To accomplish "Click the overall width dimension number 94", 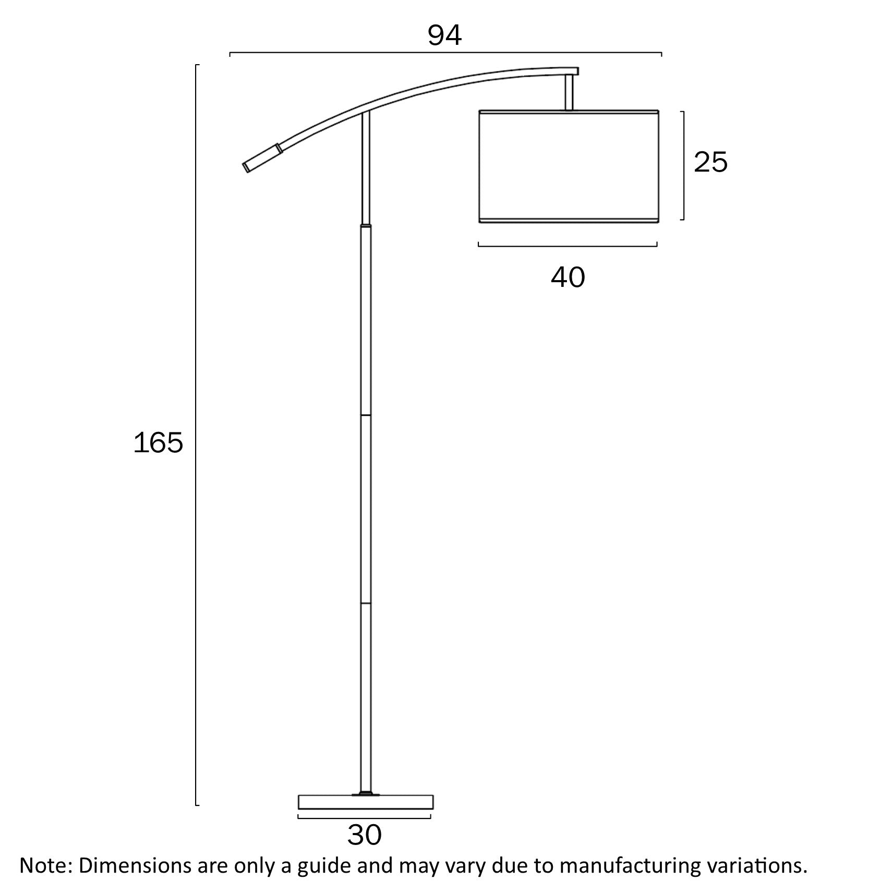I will pos(444,35).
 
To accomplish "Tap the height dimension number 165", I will pos(158,443).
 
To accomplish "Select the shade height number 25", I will pos(710,162).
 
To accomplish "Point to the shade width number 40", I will pos(568,277).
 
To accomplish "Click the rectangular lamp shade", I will pos(569,166).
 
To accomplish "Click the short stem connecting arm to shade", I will pos(569,92).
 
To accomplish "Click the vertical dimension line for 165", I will pos(196,443).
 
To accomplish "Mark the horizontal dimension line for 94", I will pos(445,53).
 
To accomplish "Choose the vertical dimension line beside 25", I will pos(683,166).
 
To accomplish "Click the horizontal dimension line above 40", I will pos(568,245).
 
